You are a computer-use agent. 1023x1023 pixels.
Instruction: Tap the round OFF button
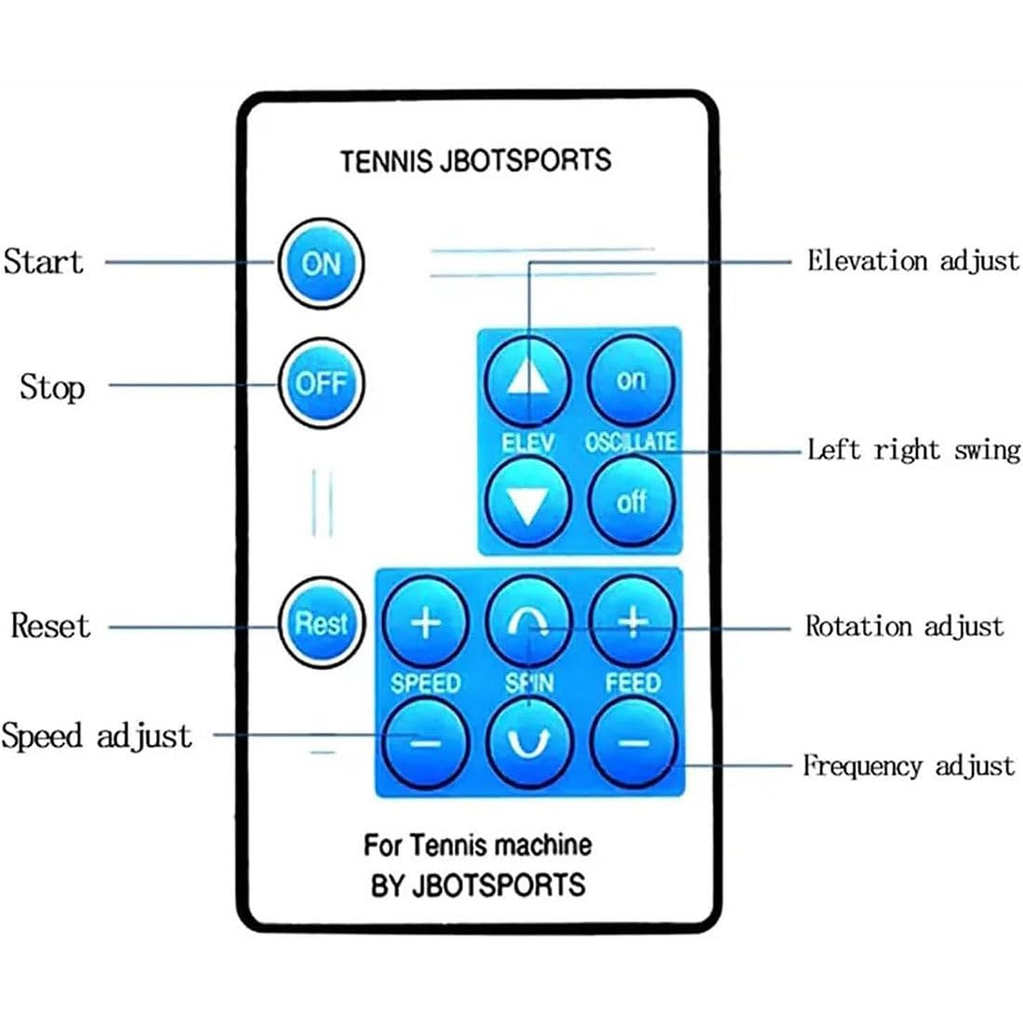pos(321,383)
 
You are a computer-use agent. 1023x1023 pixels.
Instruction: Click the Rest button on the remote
pos(321,623)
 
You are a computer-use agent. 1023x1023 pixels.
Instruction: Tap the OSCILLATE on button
pos(631,380)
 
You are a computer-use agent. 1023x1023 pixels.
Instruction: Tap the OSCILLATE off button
pos(631,501)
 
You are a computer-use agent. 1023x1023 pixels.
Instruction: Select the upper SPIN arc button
pos(528,622)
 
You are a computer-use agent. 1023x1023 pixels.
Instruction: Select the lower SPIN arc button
pos(528,743)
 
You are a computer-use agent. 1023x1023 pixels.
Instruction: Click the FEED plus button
pos(632,622)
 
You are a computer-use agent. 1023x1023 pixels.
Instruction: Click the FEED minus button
pos(632,743)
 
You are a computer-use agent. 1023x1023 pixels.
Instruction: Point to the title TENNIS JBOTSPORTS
pos(475,161)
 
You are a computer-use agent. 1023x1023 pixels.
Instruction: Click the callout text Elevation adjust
pos(912,261)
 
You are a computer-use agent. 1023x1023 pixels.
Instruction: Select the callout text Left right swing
pos(913,450)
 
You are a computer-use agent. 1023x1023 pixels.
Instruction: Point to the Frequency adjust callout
pos(909,765)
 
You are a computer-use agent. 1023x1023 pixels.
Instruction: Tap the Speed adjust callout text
pos(97,736)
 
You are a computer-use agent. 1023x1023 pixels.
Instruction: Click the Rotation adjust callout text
pos(904,626)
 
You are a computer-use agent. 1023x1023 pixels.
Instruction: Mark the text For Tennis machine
pos(478,845)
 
